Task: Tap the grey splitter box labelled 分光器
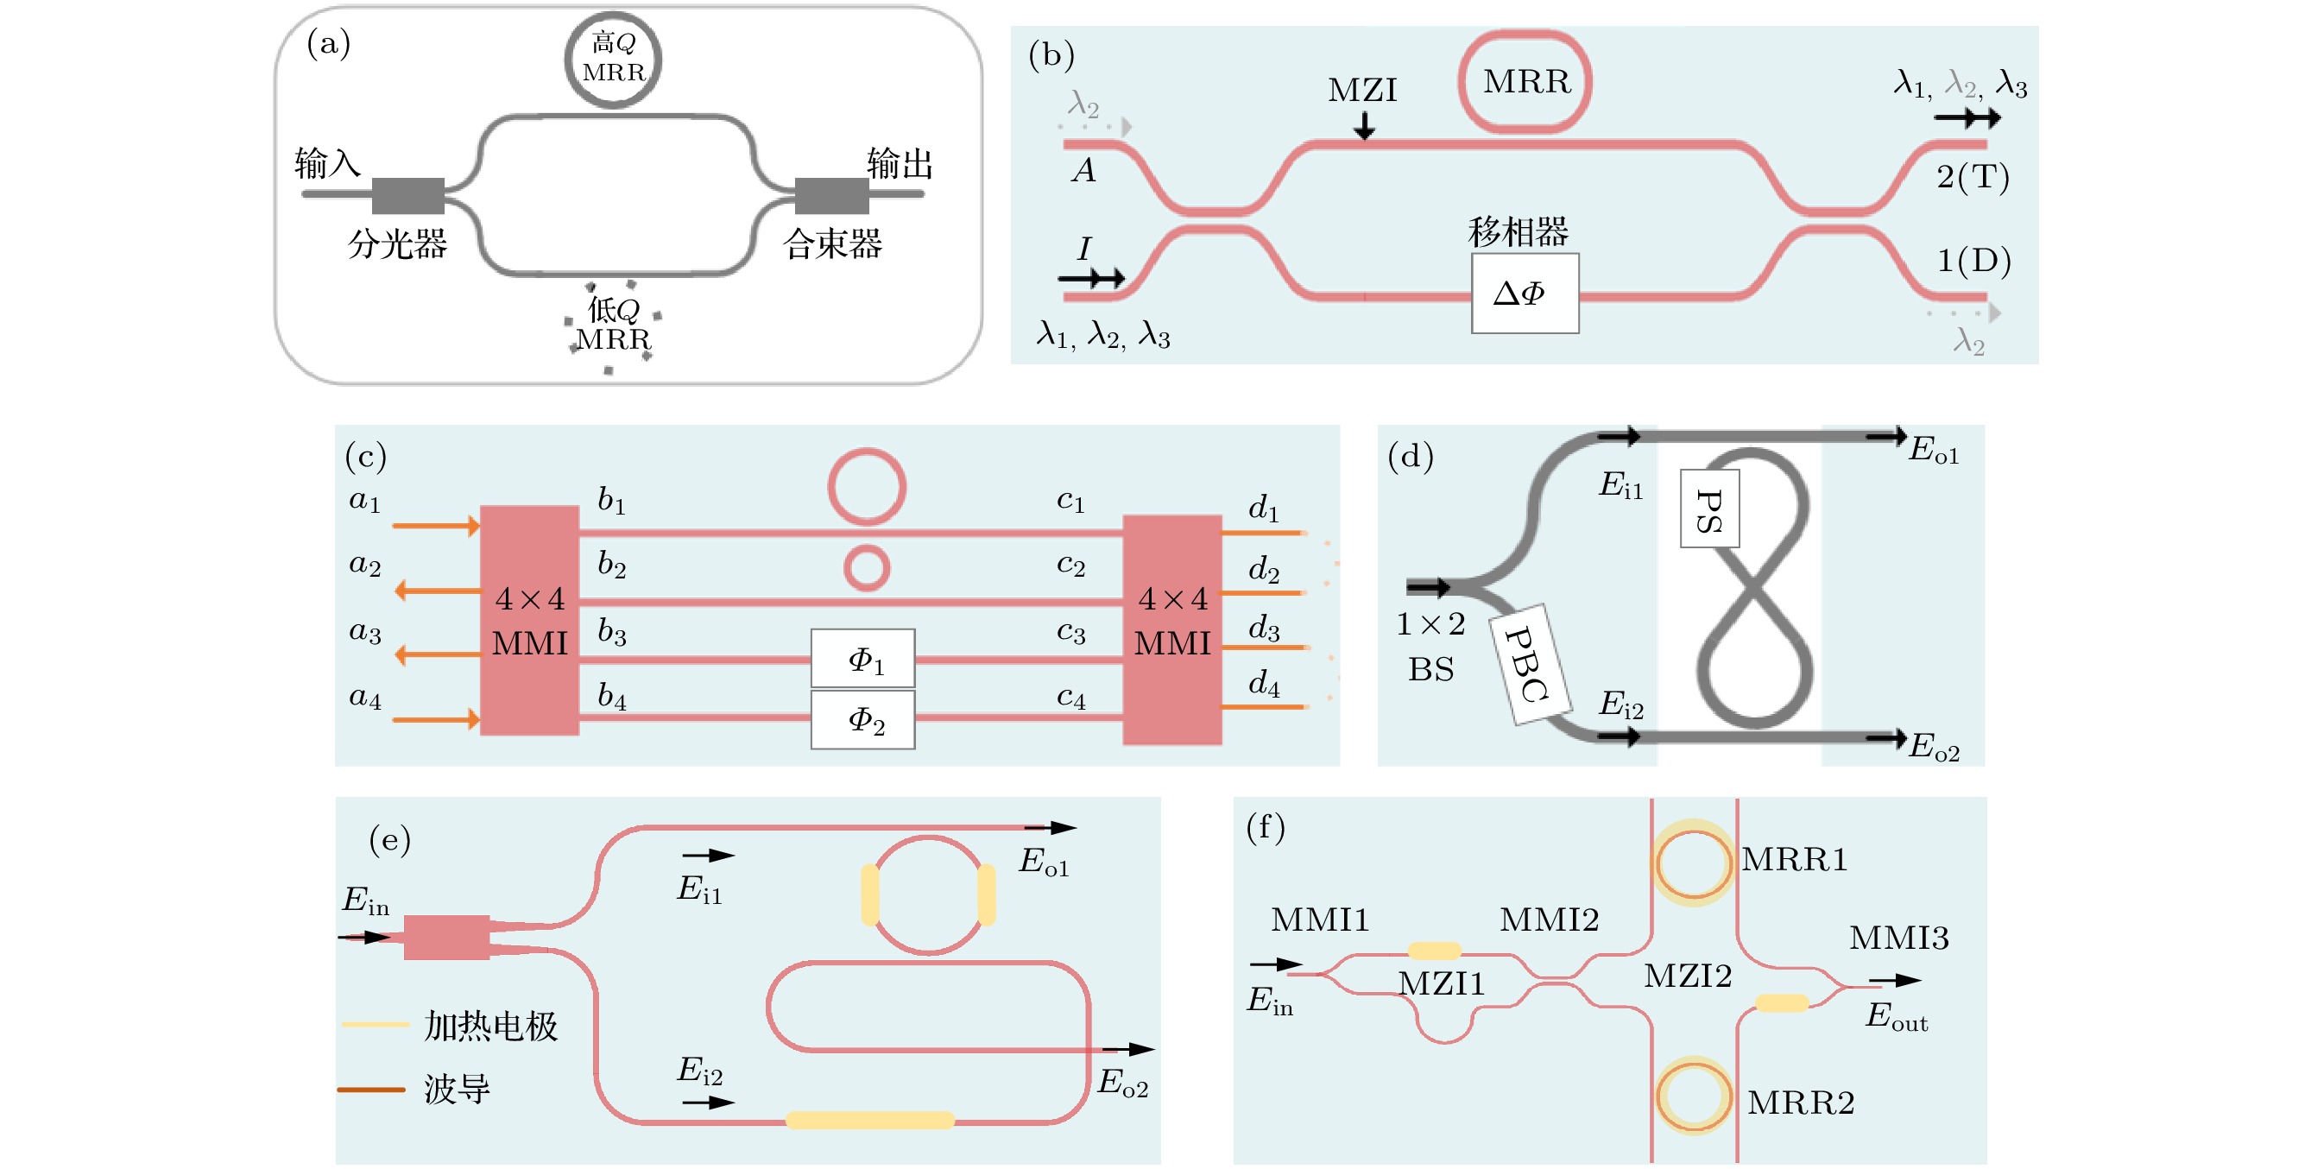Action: (408, 196)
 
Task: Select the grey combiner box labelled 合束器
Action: (831, 196)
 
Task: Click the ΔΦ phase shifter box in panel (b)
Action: (1525, 294)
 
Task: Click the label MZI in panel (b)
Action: (1362, 91)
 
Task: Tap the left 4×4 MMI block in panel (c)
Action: (529, 620)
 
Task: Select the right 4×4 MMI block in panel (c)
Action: (1171, 629)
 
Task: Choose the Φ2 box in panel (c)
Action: (863, 719)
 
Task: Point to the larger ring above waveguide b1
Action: (866, 486)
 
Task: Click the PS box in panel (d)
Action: (1709, 509)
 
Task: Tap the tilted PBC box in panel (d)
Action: (1529, 664)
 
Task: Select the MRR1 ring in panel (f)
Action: (1693, 863)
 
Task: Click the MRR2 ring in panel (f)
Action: (1693, 1097)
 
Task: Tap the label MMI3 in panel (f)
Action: (1898, 938)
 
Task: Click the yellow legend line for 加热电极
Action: (375, 1024)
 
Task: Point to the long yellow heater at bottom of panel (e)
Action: (869, 1120)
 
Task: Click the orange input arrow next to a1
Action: (436, 525)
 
